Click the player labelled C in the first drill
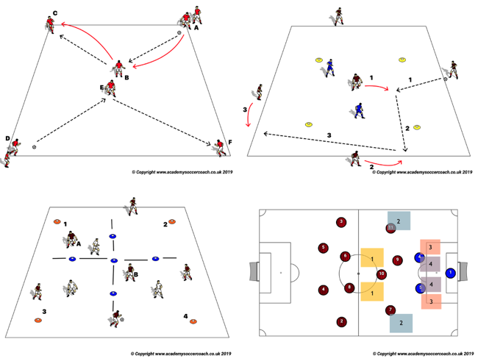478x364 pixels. click(50, 26)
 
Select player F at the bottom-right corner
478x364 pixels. click(219, 147)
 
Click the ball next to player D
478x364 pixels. click(34, 147)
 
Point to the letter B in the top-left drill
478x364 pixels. click(126, 76)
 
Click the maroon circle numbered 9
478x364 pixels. click(398, 260)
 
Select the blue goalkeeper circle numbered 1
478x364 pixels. click(449, 273)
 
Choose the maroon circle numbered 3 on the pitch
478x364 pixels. click(340, 222)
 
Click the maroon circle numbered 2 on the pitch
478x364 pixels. click(340, 321)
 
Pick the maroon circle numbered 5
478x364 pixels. click(324, 249)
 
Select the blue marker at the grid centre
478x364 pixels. click(113, 260)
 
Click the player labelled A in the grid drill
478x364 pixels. click(71, 239)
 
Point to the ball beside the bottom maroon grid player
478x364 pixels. click(122, 319)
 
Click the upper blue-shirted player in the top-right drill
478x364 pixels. click(331, 67)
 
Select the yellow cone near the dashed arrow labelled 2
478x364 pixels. click(416, 127)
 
